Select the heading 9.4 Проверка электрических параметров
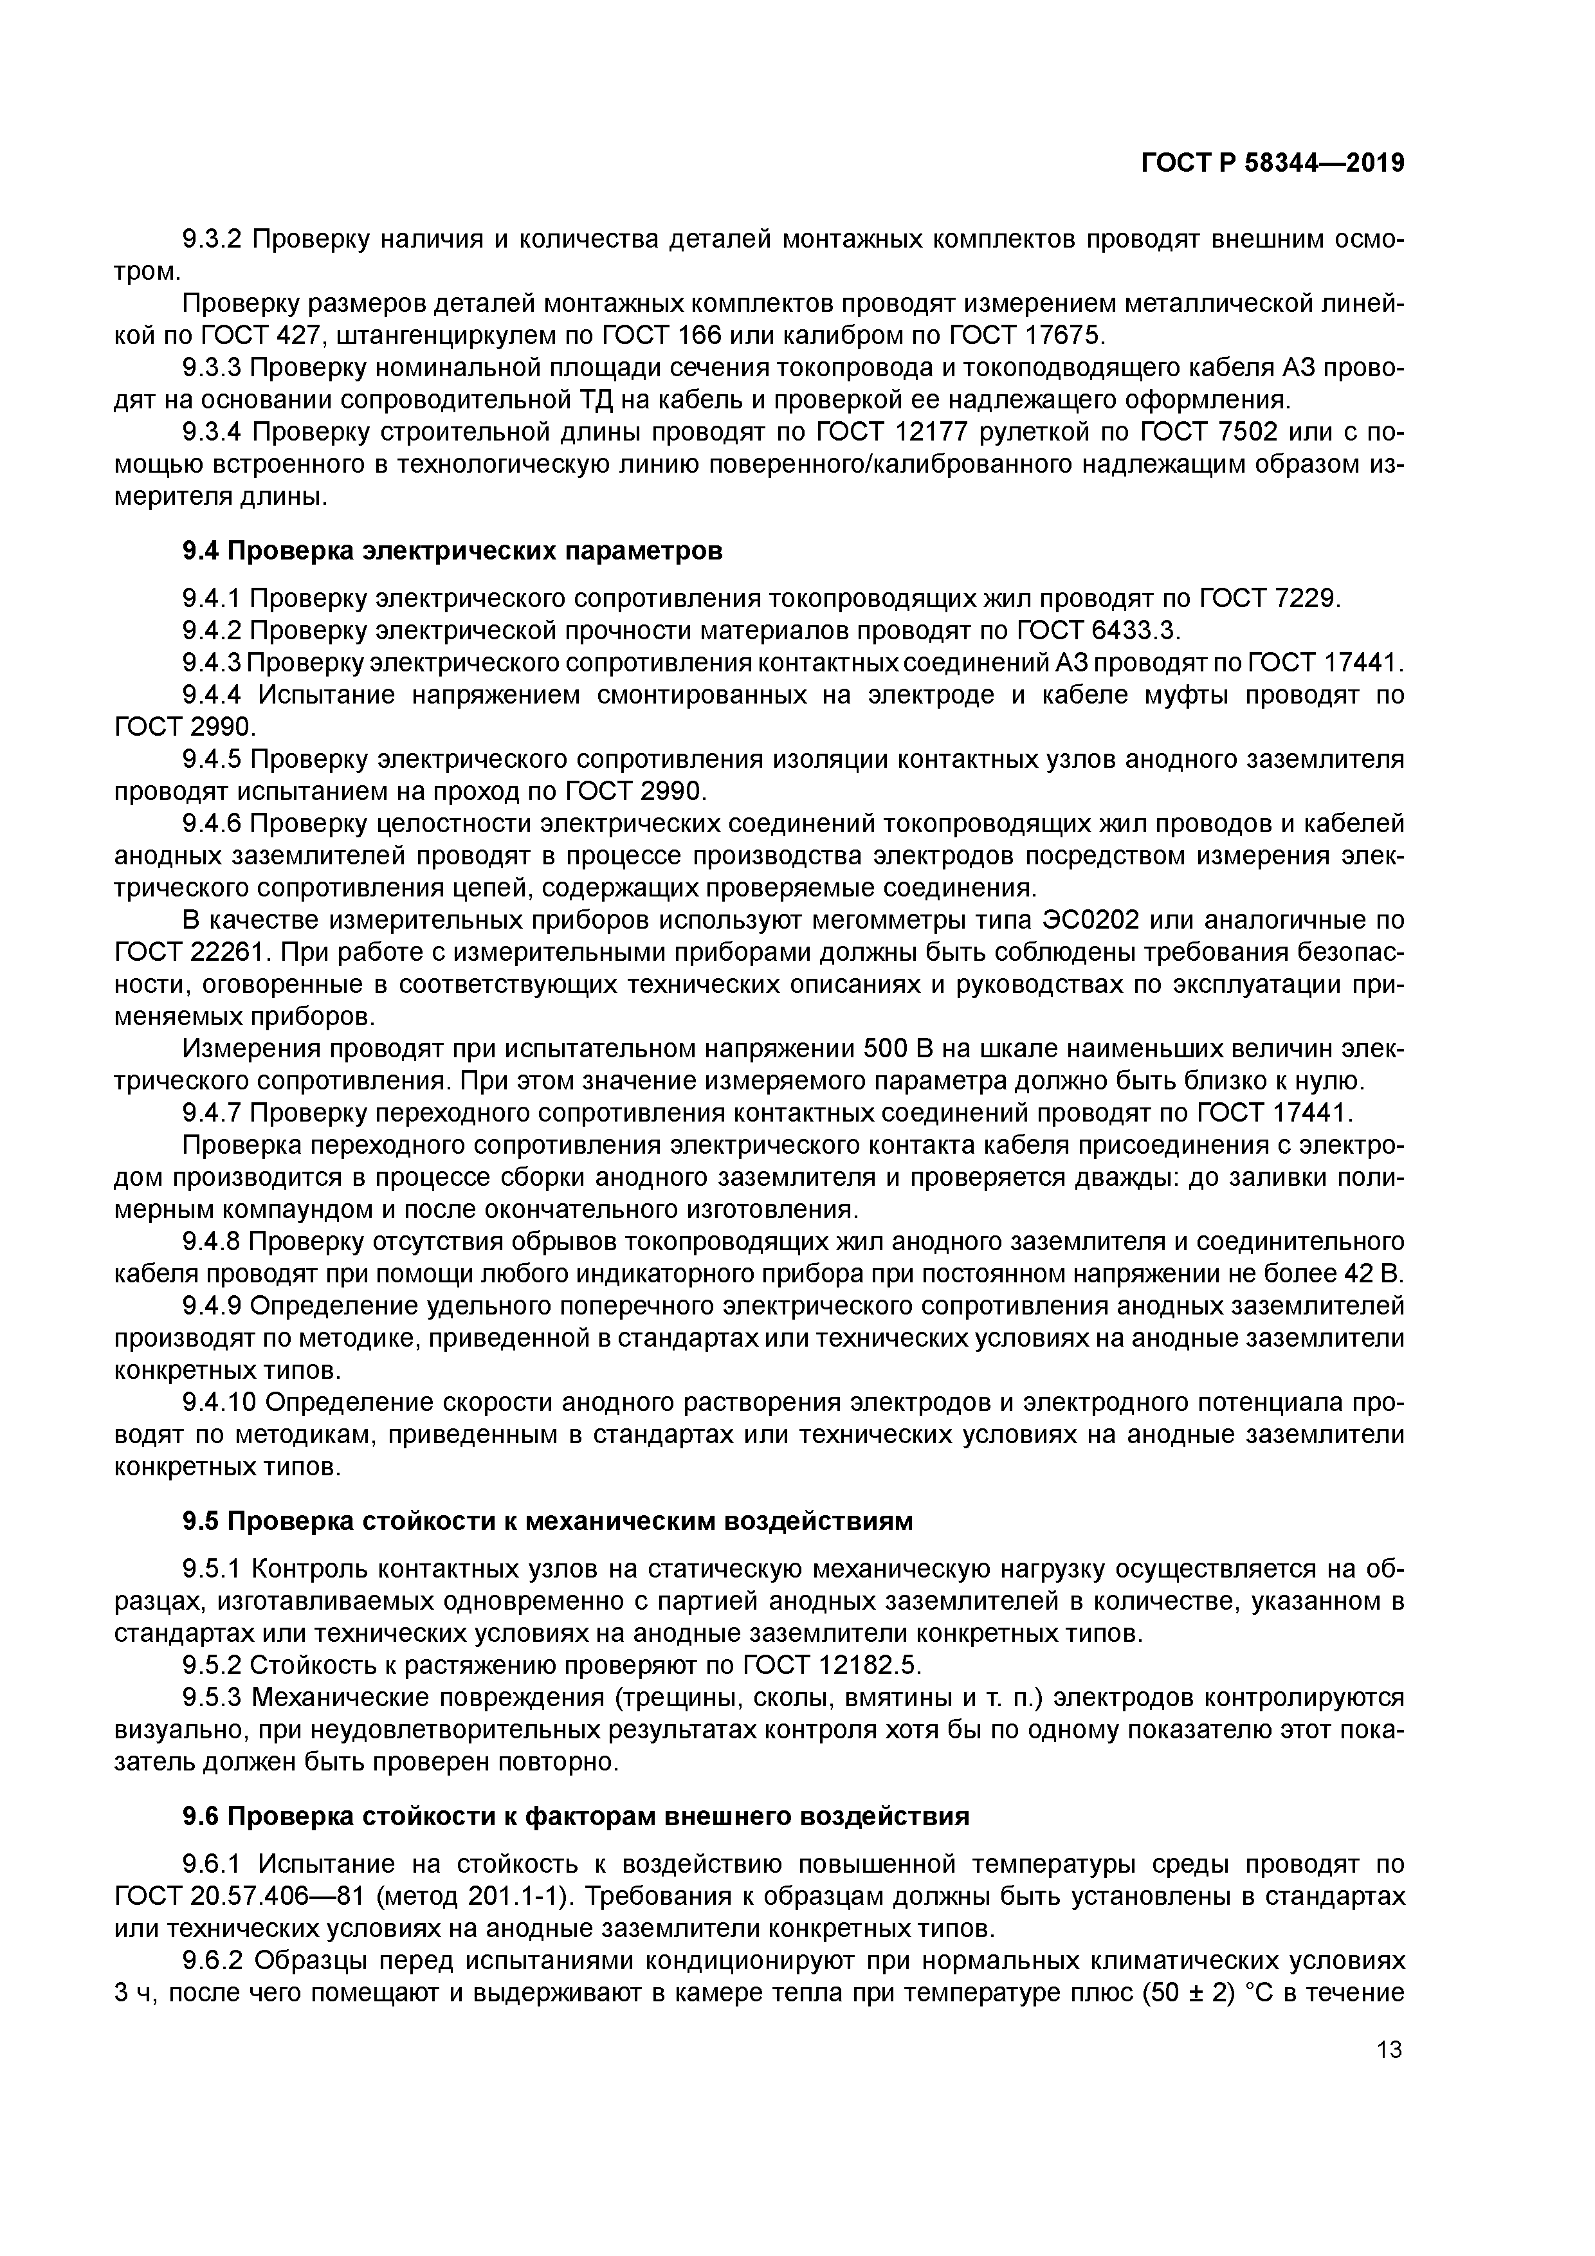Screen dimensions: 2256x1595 coord(452,551)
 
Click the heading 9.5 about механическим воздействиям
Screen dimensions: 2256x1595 coord(547,1521)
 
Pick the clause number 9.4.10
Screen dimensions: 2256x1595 coord(220,1401)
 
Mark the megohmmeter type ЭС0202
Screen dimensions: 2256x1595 coord(1078,921)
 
